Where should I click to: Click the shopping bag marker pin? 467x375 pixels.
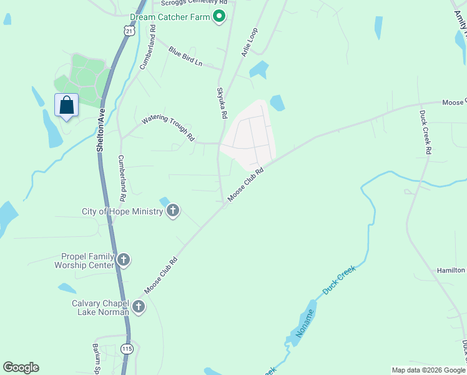[x=66, y=106]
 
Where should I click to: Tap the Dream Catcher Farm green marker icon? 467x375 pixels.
[x=219, y=17]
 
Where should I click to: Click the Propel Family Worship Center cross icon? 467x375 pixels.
[x=124, y=259]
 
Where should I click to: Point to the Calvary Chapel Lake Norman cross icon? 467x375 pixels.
[x=138, y=306]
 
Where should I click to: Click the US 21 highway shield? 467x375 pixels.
[x=129, y=30]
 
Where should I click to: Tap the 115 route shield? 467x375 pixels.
[x=127, y=349]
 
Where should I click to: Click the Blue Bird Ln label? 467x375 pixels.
[x=185, y=57]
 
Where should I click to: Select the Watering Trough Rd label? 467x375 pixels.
[x=169, y=127]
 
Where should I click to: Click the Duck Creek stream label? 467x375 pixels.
[x=338, y=280]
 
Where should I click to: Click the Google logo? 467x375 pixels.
[x=21, y=367]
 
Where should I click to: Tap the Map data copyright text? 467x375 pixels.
[x=428, y=370]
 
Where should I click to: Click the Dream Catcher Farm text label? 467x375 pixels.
[x=170, y=17]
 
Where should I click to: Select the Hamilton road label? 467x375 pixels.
[x=450, y=270]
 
